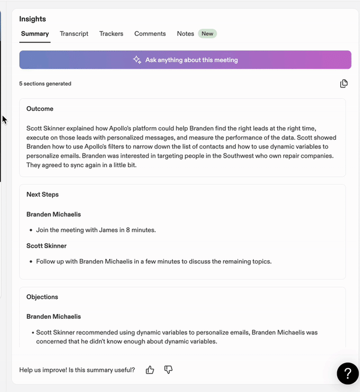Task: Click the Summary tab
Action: click(35, 34)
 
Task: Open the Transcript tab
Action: click(74, 34)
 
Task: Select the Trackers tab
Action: click(111, 34)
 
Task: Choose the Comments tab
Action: click(150, 34)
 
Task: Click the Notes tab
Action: click(185, 34)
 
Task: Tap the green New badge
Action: click(207, 34)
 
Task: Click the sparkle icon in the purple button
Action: click(137, 60)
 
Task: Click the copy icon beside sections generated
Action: click(344, 83)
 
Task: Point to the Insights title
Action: click(32, 19)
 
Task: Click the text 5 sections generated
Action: click(45, 84)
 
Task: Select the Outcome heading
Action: click(40, 109)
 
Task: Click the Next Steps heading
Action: click(42, 195)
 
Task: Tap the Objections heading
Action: click(42, 297)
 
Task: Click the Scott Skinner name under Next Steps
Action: click(46, 246)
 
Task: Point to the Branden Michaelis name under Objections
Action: click(53, 316)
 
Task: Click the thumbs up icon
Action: click(150, 370)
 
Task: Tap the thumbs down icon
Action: click(168, 370)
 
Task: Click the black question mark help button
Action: click(347, 373)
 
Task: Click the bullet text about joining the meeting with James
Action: click(96, 230)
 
